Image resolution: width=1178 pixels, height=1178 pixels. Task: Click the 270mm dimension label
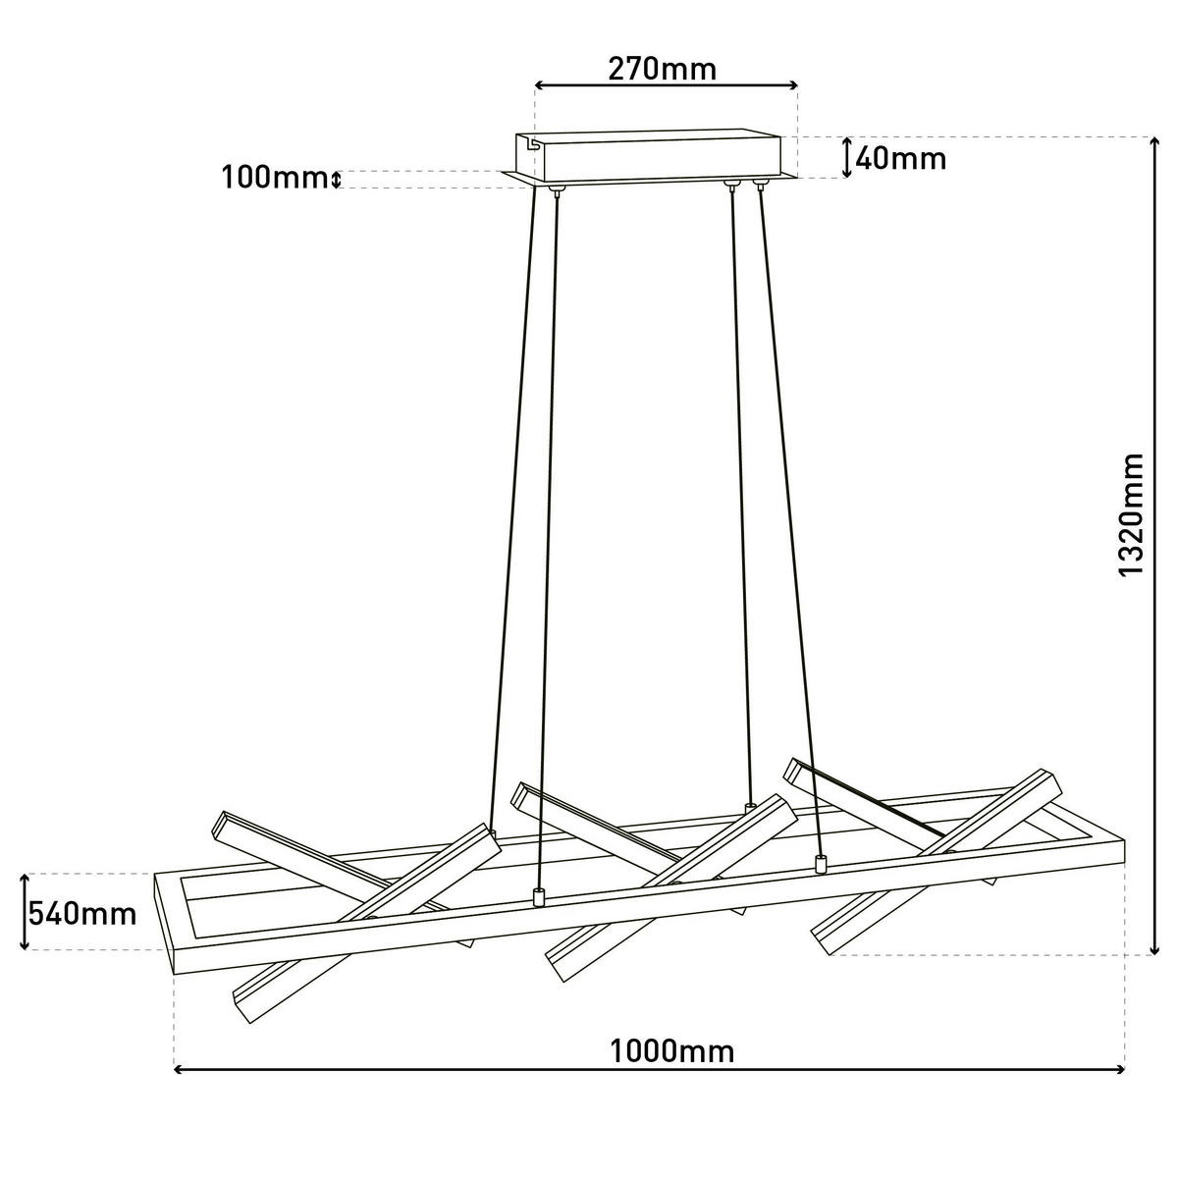tap(662, 69)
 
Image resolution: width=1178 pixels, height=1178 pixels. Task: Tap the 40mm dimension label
tap(900, 159)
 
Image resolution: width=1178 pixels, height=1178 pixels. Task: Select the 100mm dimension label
tap(273, 178)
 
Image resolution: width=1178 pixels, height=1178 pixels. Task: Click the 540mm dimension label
tap(82, 914)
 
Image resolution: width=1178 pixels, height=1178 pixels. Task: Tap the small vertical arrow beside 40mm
tap(846, 158)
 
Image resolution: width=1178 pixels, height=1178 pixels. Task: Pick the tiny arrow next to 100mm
tap(335, 180)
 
